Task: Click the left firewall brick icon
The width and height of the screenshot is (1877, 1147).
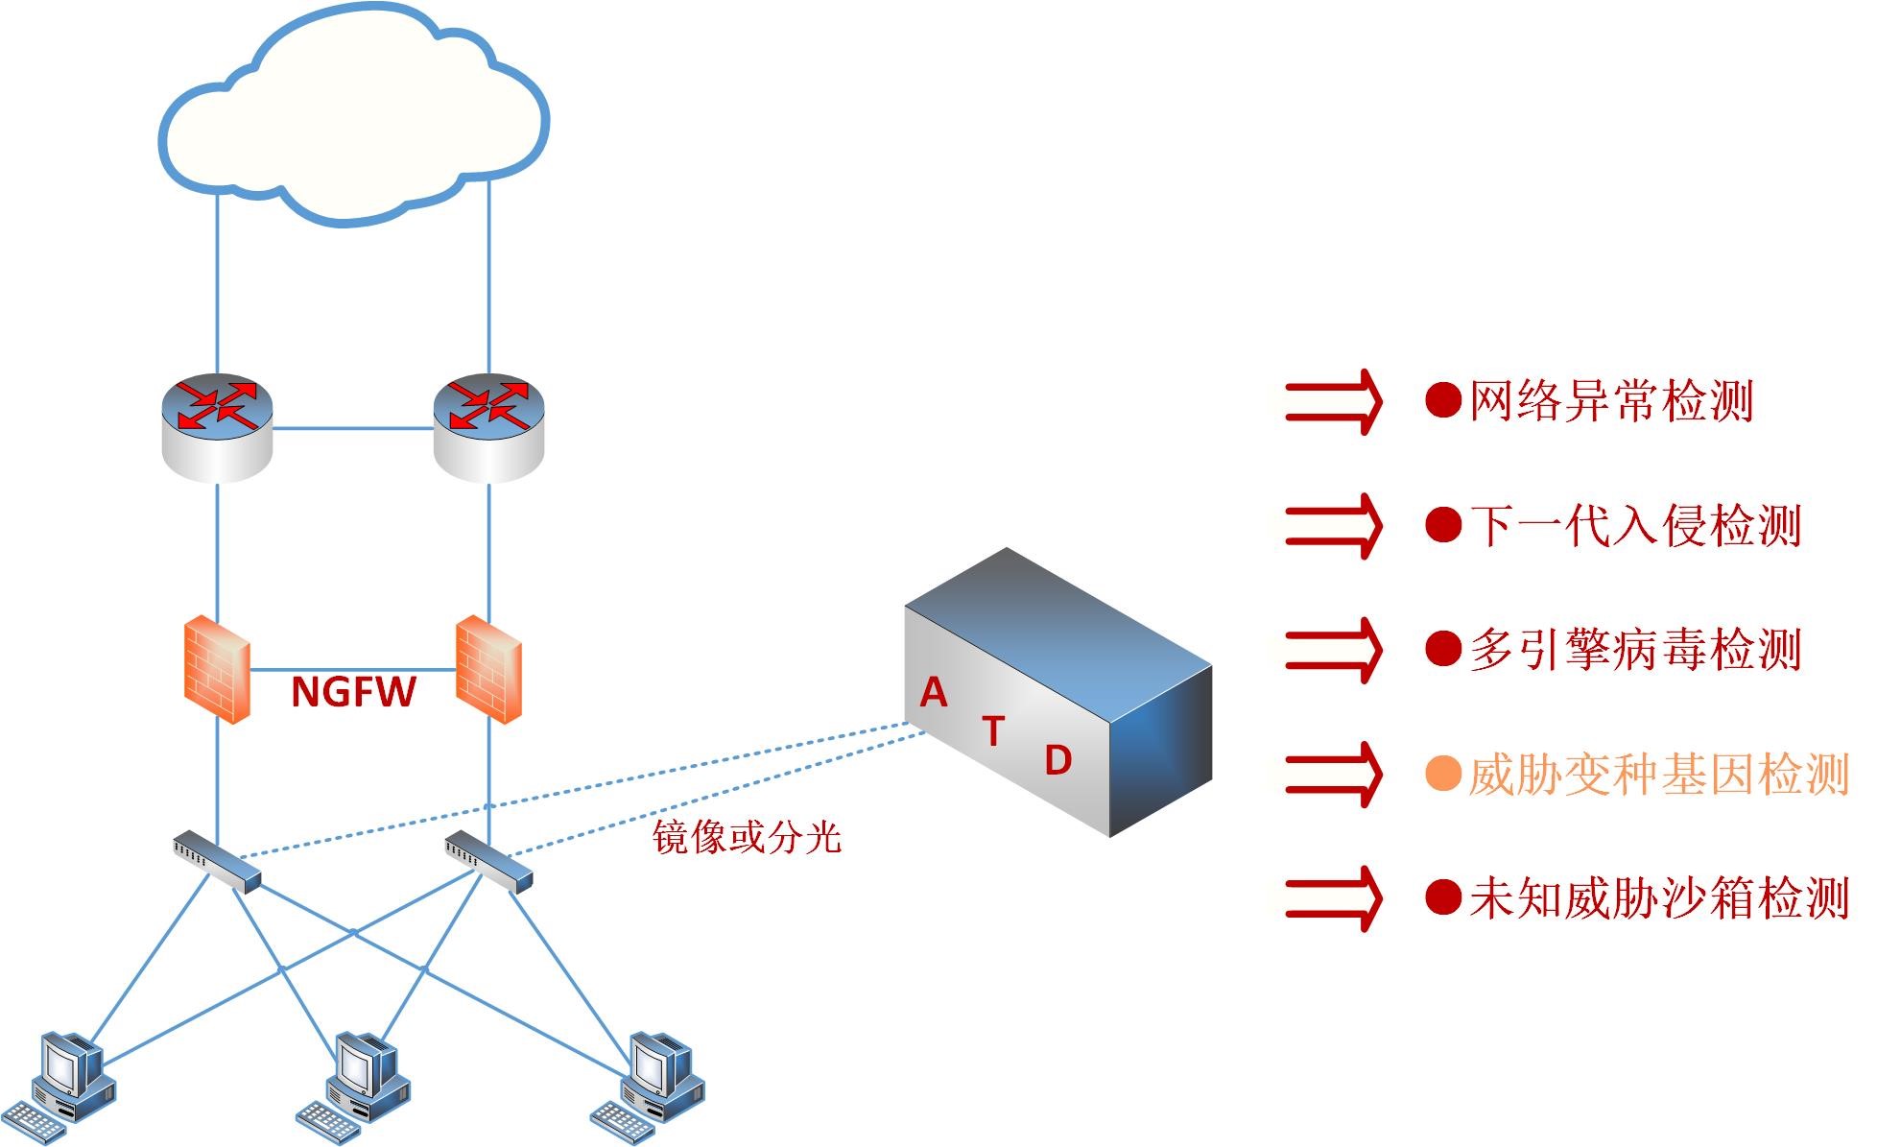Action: pos(217,669)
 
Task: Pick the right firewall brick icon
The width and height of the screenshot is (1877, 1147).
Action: pos(489,669)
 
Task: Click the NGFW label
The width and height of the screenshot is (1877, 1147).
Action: pos(353,692)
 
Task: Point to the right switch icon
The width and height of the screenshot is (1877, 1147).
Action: pos(487,860)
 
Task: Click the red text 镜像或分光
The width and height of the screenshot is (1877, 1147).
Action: pos(747,837)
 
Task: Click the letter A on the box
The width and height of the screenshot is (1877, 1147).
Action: pos(933,692)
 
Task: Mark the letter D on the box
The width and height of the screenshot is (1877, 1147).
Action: pos(1057,761)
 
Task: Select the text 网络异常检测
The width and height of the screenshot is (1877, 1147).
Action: pos(1611,401)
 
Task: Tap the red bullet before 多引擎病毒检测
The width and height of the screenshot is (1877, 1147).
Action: pos(1442,649)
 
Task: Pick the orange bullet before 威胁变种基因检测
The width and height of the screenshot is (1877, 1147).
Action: pos(1442,774)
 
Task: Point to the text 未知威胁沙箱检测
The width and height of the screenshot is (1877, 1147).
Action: pos(1658,898)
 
